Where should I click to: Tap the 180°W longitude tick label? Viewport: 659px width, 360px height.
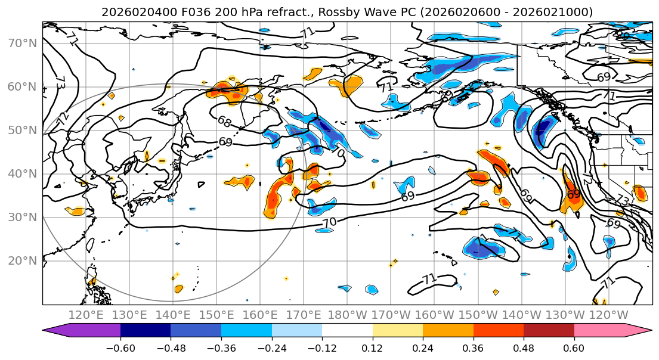(348, 315)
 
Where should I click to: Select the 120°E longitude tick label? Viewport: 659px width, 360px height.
(86, 315)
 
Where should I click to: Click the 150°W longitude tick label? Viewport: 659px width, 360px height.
(479, 315)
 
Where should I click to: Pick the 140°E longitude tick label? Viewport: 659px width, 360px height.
(174, 315)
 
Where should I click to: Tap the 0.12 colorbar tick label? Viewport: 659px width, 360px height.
(372, 346)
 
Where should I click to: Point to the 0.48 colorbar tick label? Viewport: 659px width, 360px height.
(523, 346)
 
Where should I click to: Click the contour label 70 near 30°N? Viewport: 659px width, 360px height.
(329, 222)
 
